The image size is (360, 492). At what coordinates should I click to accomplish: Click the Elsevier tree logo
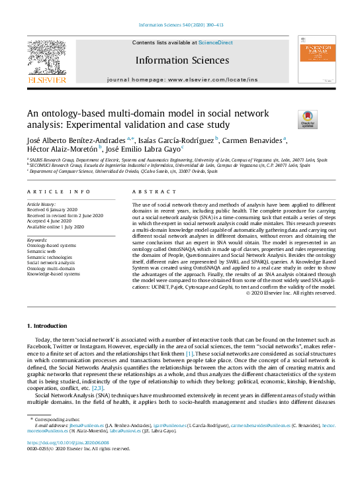pyautogui.click(x=47, y=58)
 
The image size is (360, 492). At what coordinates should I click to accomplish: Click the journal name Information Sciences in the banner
pyautogui.click(x=182, y=60)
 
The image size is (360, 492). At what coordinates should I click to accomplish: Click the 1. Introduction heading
pyautogui.click(x=48, y=326)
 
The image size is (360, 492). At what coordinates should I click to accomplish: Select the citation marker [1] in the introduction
pyautogui.click(x=189, y=356)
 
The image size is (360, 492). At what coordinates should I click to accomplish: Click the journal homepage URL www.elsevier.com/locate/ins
pyautogui.click(x=216, y=79)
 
